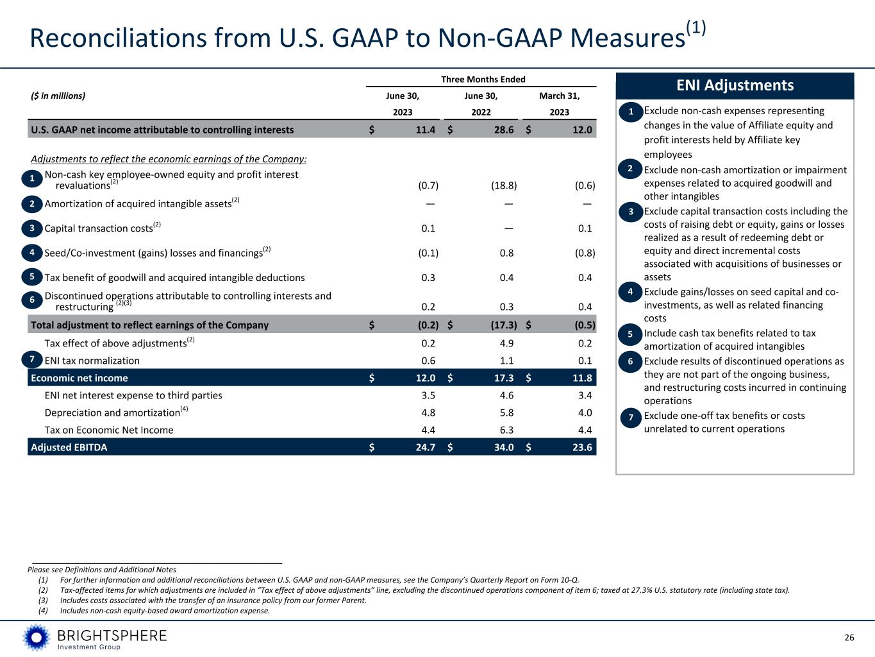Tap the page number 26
point(849,637)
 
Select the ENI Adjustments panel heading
point(735,85)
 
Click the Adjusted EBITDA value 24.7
point(426,447)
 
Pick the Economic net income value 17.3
point(504,378)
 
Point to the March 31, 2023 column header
point(559,104)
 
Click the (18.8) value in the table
point(503,185)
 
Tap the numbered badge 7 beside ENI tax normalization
point(32,359)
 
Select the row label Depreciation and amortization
point(112,413)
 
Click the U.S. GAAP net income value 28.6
point(504,130)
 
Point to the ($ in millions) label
point(58,96)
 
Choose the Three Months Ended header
point(483,80)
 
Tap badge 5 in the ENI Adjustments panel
point(631,334)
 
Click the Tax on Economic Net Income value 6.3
point(506,430)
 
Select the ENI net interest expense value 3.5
point(429,395)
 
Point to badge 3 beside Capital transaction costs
point(32,228)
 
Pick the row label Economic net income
point(79,378)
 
